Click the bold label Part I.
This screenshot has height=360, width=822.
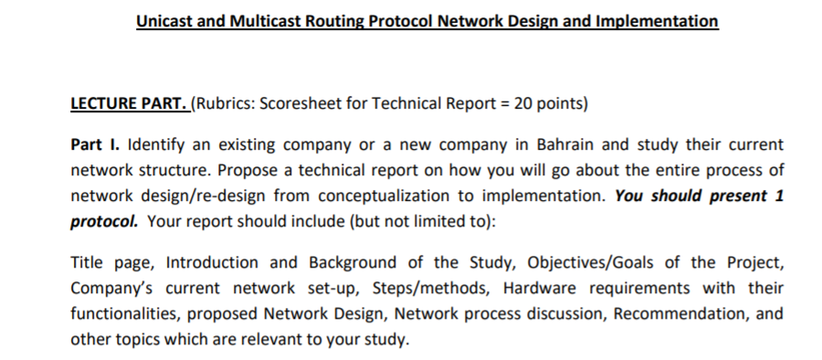point(96,145)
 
